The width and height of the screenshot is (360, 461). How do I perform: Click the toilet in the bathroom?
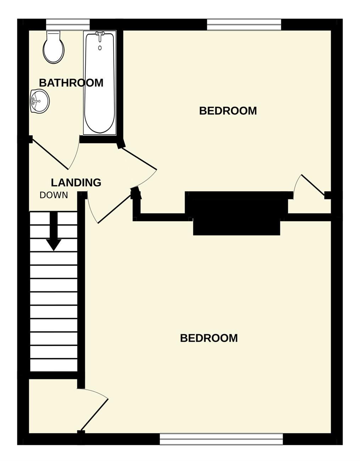(x=54, y=47)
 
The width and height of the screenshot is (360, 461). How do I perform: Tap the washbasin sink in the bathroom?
(x=40, y=101)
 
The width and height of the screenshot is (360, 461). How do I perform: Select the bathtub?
(x=100, y=83)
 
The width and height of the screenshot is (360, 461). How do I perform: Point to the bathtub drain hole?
(x=100, y=48)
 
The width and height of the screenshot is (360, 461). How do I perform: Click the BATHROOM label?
(x=71, y=83)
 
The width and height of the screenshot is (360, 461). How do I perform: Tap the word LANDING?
(x=76, y=182)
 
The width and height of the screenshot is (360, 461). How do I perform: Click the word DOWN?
(x=54, y=195)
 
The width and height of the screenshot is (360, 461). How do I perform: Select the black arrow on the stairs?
(x=54, y=231)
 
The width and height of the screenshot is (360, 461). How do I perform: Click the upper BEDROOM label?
(x=228, y=111)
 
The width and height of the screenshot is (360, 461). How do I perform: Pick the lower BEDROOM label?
(x=209, y=338)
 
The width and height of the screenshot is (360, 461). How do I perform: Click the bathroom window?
(x=68, y=25)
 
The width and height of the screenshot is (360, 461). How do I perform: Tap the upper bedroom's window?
(x=244, y=25)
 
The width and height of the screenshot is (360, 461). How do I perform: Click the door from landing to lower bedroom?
(x=115, y=209)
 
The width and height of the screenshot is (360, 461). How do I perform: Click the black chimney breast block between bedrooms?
(x=237, y=213)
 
